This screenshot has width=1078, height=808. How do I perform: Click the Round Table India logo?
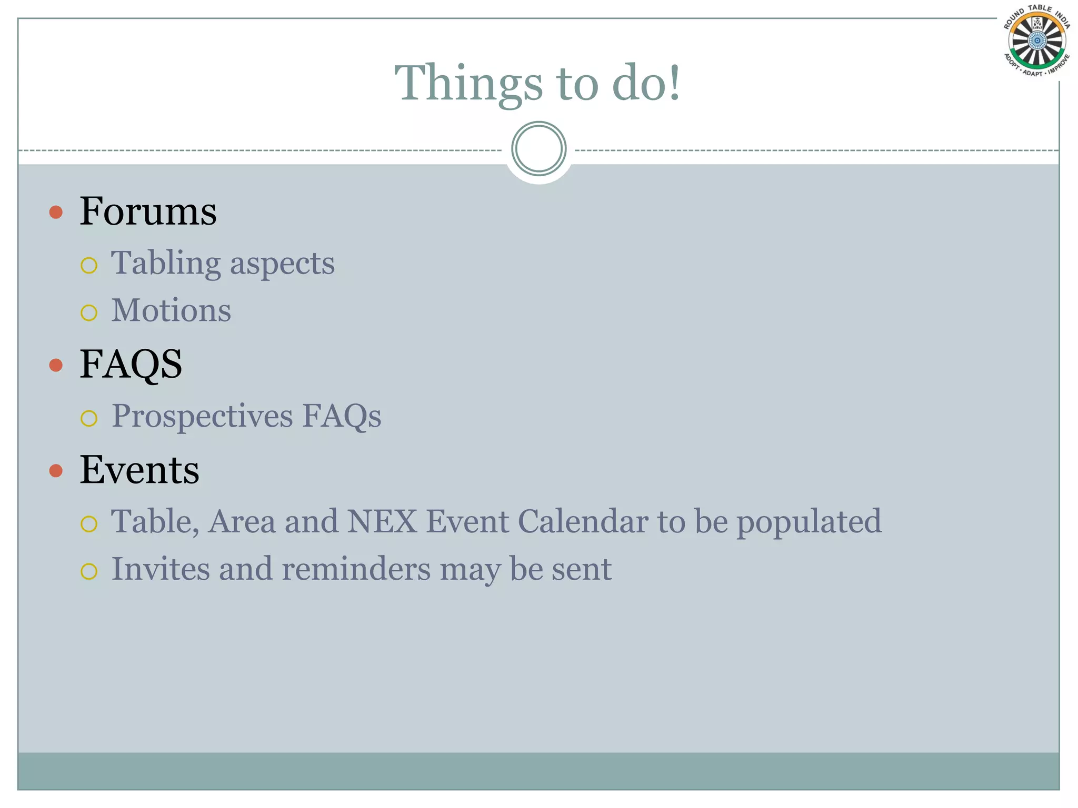[1037, 41]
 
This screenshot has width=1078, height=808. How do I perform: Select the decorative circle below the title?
[538, 149]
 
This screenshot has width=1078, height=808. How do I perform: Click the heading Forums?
[148, 211]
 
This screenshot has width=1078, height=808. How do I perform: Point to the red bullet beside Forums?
[56, 213]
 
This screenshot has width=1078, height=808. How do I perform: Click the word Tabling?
[165, 263]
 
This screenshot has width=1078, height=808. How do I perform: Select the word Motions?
[171, 310]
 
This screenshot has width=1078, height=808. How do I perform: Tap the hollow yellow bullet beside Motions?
[89, 313]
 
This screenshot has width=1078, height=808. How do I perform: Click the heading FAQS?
[131, 364]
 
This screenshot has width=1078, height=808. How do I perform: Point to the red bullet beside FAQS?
[56, 365]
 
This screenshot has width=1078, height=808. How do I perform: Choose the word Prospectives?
[202, 417]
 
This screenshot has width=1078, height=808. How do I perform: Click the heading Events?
[139, 469]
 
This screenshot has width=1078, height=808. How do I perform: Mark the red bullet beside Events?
[56, 470]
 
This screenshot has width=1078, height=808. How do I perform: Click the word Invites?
[161, 569]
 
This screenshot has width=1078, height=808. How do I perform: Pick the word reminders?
[356, 569]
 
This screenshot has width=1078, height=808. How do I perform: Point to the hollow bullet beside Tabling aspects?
[89, 266]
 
